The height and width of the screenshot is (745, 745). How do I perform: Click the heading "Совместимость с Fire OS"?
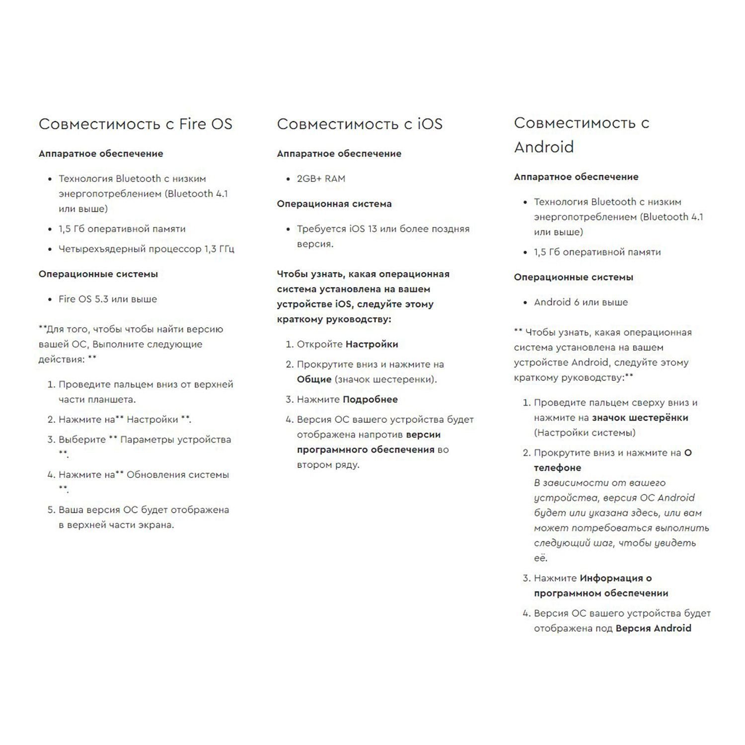(135, 124)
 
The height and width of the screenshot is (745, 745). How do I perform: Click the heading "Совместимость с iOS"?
(359, 124)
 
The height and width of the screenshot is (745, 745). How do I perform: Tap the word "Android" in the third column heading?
(544, 147)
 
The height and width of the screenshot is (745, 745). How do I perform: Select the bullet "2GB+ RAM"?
(321, 179)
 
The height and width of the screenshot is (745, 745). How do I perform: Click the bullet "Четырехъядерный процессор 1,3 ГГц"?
(146, 249)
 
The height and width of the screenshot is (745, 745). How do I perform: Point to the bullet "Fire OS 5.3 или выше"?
(107, 299)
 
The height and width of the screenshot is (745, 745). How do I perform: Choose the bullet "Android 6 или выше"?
(581, 302)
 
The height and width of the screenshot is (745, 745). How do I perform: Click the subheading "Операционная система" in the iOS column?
(334, 204)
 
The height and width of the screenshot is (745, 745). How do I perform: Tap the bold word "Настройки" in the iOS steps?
(372, 344)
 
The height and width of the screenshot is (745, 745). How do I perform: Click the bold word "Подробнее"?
(370, 399)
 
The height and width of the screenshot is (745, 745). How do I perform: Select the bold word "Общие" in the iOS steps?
(314, 379)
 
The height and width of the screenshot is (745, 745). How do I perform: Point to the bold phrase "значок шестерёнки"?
(640, 418)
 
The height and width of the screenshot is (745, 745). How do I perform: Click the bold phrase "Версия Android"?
(653, 628)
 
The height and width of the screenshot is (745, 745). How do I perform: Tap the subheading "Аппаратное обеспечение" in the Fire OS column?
(101, 153)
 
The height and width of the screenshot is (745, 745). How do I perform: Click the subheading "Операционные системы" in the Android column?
(573, 277)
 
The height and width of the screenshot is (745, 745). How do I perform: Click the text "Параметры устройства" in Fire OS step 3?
(175, 440)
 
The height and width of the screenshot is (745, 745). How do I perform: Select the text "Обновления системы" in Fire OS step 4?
(177, 475)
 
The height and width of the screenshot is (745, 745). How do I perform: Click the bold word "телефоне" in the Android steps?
(557, 468)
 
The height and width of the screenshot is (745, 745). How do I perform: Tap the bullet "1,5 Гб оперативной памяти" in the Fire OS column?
(122, 229)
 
